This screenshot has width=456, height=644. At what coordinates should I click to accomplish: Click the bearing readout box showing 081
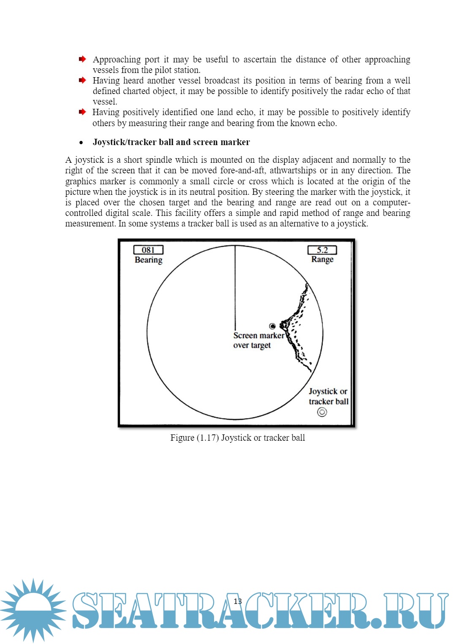[x=148, y=250]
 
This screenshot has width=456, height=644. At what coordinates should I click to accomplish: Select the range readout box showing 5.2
[x=322, y=250]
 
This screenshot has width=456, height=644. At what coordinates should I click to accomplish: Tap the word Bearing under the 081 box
[x=148, y=260]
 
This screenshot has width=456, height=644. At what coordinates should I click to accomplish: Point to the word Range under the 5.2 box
[x=322, y=259]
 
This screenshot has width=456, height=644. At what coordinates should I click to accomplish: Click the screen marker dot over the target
[x=272, y=326]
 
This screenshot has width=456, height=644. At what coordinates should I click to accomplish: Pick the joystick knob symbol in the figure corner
[x=322, y=412]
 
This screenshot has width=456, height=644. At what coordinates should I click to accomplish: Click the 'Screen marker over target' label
[x=258, y=340]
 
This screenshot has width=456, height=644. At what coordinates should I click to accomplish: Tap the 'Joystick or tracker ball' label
[x=328, y=396]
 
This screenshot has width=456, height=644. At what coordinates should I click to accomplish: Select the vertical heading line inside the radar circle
[x=235, y=287]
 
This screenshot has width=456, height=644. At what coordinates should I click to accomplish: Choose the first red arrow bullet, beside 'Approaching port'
[x=82, y=59]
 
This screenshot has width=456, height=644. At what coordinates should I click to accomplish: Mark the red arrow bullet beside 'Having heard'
[x=82, y=80]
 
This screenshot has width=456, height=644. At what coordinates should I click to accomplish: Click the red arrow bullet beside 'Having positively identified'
[x=82, y=112]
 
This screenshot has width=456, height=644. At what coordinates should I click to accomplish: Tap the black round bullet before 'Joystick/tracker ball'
[x=81, y=143]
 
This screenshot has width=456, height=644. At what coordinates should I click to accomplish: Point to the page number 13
[x=238, y=601]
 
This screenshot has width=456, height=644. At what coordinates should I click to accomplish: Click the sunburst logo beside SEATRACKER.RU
[x=33, y=610]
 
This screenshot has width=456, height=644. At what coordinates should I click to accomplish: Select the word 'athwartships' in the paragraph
[x=293, y=170]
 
